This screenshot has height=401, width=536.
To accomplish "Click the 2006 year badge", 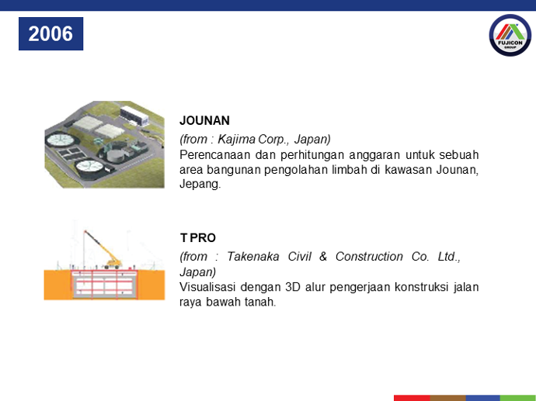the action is [x=51, y=34].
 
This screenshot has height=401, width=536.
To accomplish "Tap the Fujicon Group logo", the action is [x=510, y=35].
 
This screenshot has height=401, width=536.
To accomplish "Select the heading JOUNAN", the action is [x=204, y=120].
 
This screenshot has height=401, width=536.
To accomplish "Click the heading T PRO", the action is [x=198, y=237].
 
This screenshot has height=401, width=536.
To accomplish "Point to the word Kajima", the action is [x=237, y=140].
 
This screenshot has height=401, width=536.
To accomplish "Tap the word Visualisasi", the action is [x=207, y=287].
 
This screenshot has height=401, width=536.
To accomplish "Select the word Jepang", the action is [x=200, y=184].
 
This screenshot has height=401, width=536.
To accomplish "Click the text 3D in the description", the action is [x=293, y=287].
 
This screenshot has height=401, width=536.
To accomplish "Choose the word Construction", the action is [x=369, y=256].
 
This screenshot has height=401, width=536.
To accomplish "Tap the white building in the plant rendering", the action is [x=134, y=116].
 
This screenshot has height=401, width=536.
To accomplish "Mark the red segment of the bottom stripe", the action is [x=412, y=398].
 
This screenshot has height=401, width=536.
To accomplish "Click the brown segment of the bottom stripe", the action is [x=447, y=398].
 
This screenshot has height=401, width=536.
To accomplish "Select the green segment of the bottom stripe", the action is [x=518, y=398].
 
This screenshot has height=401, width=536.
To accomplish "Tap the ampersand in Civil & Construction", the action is [x=323, y=256].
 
